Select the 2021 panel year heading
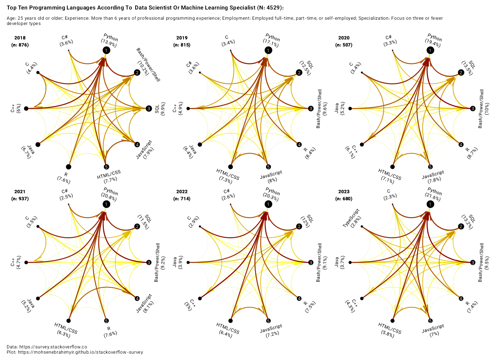pos(20,192)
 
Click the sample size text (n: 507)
pos(344,45)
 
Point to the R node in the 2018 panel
pos(69,167)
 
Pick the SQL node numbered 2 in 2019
pos(299,73)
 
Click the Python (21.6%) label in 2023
pos(433,195)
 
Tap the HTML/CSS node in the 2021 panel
pos(69,321)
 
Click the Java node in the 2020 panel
pos(350,109)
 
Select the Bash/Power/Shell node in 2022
pos(311,263)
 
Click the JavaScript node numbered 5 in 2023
pos(430,321)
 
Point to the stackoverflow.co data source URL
pos(53,347)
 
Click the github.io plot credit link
pos(81,352)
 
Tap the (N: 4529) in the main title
pos(268,8)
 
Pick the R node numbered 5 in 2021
pos(106,321)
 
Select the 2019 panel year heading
pos(182,38)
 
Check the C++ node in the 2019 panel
pos(188,109)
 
